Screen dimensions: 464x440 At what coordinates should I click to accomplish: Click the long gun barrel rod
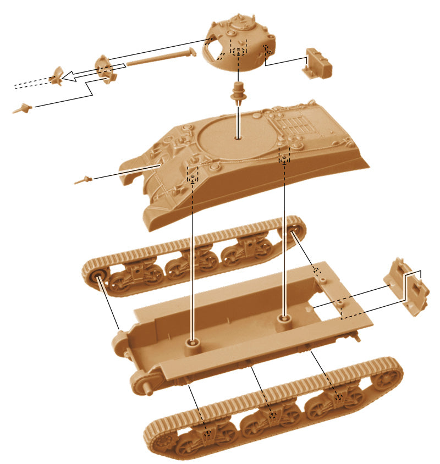[x=159, y=58]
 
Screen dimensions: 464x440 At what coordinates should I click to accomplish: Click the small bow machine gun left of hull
[x=82, y=179]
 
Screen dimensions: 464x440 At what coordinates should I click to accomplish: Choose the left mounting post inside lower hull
[x=192, y=344]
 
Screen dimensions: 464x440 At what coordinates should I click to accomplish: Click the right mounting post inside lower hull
[x=284, y=319]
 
